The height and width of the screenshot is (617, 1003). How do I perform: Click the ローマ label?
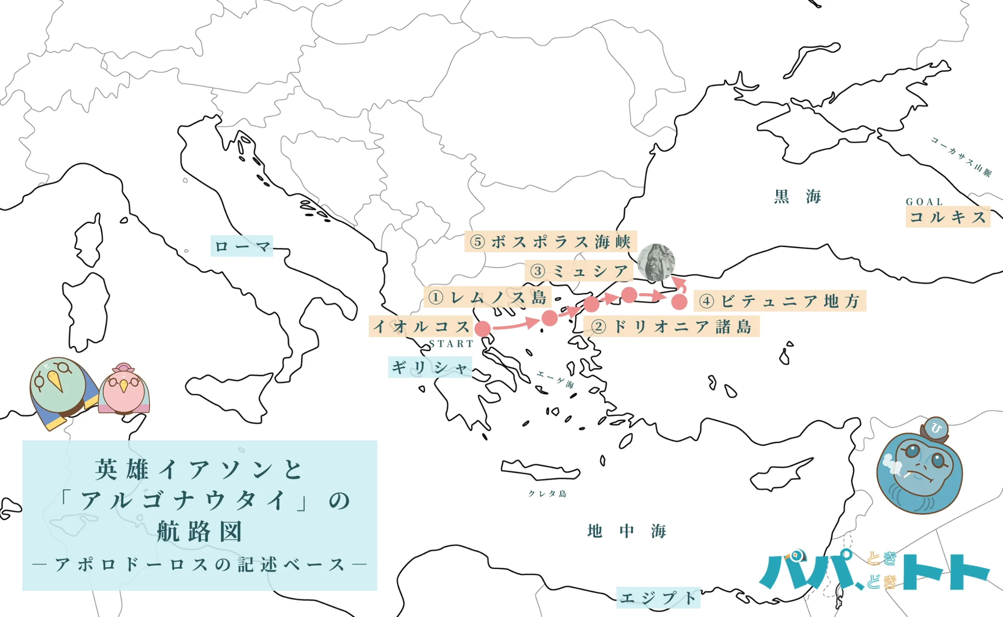[x=242, y=246]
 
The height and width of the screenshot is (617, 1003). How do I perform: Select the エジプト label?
[x=658, y=598]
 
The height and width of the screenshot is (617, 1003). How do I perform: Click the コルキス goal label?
[x=947, y=217]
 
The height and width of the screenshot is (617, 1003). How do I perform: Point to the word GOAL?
[x=924, y=202]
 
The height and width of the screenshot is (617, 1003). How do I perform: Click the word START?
[x=451, y=344]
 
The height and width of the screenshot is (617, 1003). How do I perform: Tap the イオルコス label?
[x=421, y=326]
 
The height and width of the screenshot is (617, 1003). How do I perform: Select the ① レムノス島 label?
[x=488, y=297]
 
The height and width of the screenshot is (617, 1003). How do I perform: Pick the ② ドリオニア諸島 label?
[x=671, y=326]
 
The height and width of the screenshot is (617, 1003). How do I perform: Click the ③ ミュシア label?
[x=579, y=271]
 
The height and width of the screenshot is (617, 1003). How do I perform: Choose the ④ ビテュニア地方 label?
[x=779, y=301]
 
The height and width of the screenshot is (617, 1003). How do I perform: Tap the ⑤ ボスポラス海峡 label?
[x=550, y=242]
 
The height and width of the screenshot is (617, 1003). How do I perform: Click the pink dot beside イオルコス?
[x=483, y=329]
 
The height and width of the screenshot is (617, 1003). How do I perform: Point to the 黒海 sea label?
[x=797, y=196]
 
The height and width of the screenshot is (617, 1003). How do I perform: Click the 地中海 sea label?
[x=626, y=531]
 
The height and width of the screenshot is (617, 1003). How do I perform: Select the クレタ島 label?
[x=547, y=494]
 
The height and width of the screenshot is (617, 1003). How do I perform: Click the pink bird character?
[x=124, y=389]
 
